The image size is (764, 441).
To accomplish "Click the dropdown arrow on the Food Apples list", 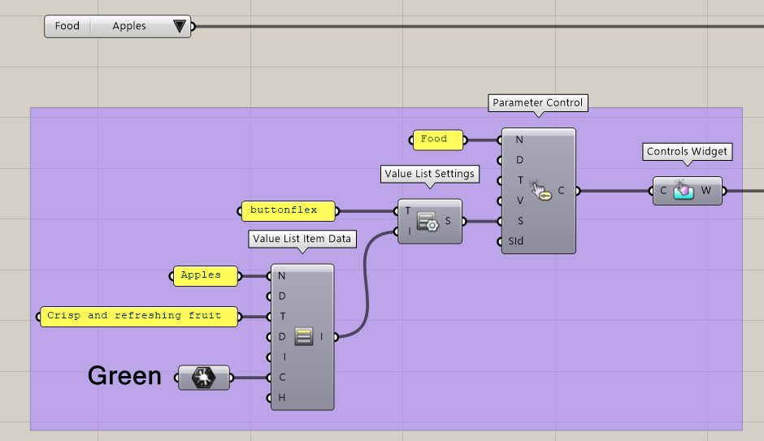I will (180, 27).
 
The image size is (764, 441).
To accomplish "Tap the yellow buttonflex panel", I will (289, 210).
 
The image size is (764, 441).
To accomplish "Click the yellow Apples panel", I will (206, 275).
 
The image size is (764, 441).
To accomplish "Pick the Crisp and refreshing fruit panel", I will (139, 316).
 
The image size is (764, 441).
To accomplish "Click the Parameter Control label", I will (538, 103).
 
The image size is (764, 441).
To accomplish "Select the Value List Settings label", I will (430, 174).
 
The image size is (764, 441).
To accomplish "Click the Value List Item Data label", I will (302, 239).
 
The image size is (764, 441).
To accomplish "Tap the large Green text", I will (124, 376).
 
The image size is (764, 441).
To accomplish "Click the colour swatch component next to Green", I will (203, 378).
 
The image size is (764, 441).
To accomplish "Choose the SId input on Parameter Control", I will (515, 241).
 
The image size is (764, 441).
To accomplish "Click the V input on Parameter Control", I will (519, 201).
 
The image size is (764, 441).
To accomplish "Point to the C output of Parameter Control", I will (561, 191).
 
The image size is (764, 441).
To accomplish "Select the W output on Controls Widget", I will (705, 191).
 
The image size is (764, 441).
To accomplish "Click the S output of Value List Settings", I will (449, 221).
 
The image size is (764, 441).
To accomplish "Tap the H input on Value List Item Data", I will (282, 398).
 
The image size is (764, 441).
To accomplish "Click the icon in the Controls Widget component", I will (684, 191).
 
